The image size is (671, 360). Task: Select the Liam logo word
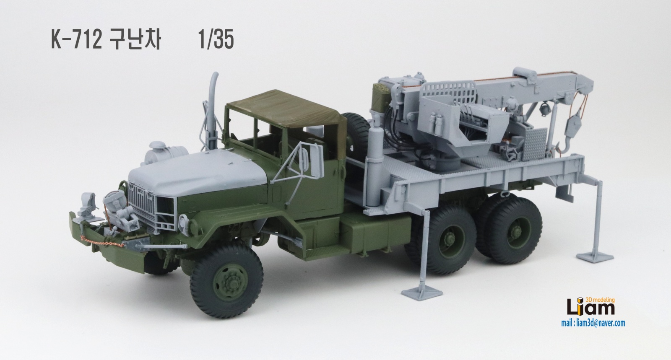coord(590,308)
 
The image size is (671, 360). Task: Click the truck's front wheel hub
coord(230,281)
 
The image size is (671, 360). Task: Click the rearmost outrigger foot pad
coord(595,257)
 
